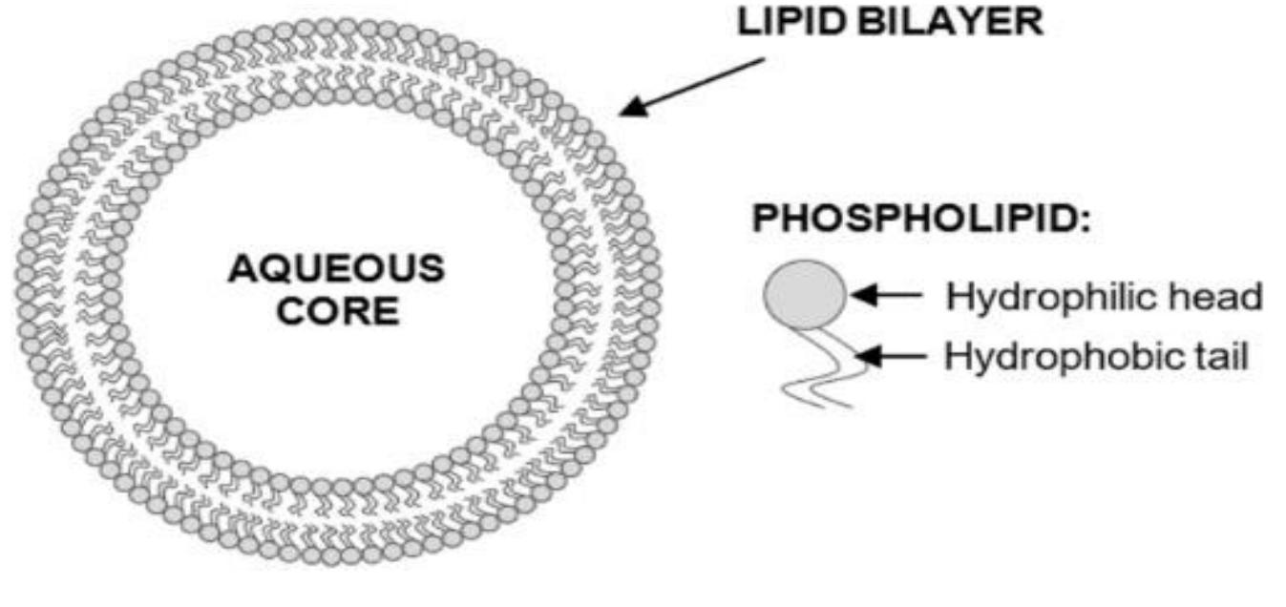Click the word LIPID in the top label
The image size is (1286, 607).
(x=791, y=23)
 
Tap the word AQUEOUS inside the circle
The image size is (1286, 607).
(x=335, y=270)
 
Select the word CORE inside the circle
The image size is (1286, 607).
(x=335, y=312)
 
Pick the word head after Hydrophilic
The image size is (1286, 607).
(x=1220, y=297)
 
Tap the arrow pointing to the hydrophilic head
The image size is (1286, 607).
(x=887, y=296)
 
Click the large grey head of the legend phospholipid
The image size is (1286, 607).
(x=804, y=294)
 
